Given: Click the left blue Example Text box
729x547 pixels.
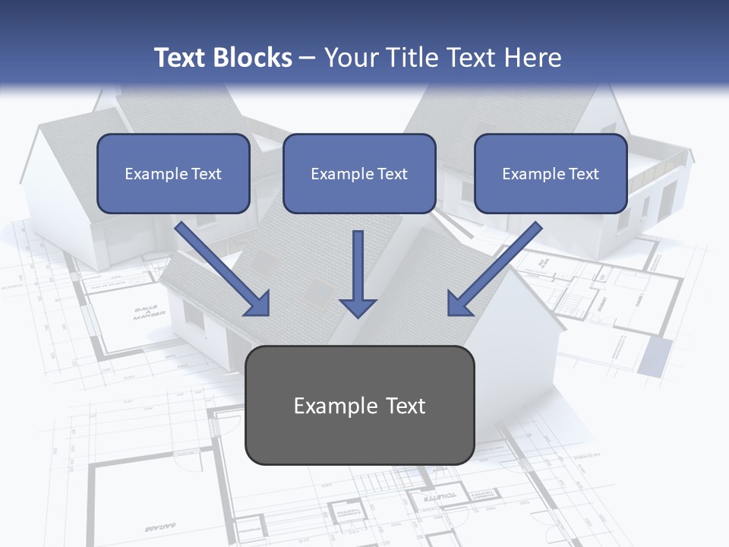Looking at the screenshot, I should tap(173, 173).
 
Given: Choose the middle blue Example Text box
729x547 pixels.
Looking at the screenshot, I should tap(359, 173).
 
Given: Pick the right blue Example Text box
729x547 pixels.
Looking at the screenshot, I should tap(551, 173).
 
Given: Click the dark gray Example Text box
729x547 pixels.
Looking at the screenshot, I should tap(359, 405).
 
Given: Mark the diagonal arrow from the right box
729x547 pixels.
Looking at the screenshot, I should tap(494, 270).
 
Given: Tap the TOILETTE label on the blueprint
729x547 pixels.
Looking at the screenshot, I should tap(440, 495).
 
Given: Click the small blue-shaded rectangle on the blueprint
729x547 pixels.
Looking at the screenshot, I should tap(655, 356).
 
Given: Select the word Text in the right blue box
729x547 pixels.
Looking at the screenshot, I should tap(583, 173).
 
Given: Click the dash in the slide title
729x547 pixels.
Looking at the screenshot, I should tap(308, 58).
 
